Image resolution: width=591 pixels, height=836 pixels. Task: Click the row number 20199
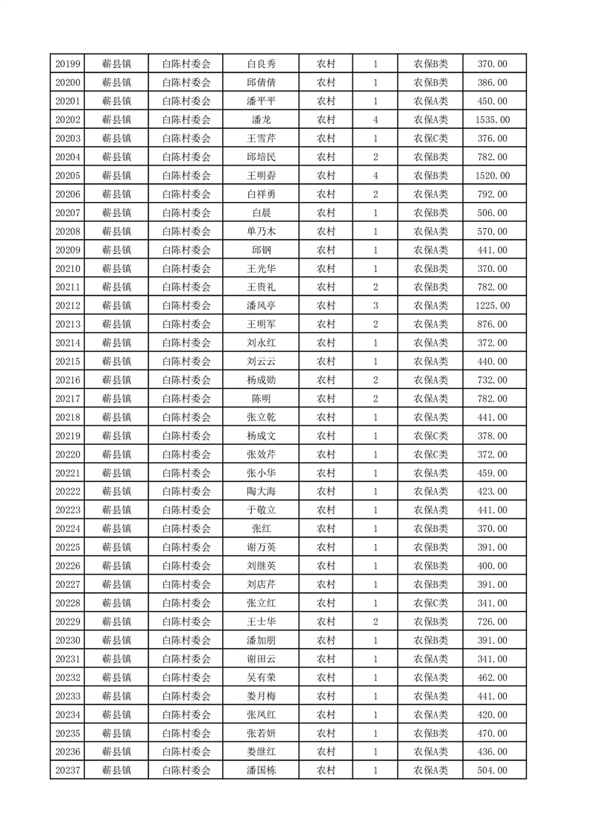pyautogui.click(x=68, y=64)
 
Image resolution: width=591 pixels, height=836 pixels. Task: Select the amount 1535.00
pyautogui.click(x=492, y=120)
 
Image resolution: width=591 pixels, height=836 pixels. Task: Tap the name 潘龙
pyautogui.click(x=261, y=120)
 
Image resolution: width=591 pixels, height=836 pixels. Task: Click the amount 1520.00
pyautogui.click(x=492, y=176)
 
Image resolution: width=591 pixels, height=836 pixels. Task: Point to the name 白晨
pyautogui.click(x=261, y=213)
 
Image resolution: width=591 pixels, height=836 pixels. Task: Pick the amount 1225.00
pyautogui.click(x=492, y=305)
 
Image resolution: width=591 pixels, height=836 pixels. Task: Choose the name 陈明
pyautogui.click(x=261, y=399)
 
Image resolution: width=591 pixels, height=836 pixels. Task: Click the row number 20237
pyautogui.click(x=68, y=770)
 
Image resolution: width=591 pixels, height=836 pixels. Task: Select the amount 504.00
pyautogui.click(x=492, y=770)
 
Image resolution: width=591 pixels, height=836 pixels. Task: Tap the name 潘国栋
pyautogui.click(x=261, y=770)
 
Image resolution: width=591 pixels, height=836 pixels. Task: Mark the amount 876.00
pyautogui.click(x=492, y=324)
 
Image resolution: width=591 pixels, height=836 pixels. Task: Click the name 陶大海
pyautogui.click(x=261, y=492)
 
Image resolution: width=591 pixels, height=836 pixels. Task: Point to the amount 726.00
pyautogui.click(x=492, y=621)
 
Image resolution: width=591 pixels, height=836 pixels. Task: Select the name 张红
pyautogui.click(x=261, y=529)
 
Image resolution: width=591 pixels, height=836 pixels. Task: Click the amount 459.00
pyautogui.click(x=492, y=473)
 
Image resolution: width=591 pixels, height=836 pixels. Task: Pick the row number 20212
pyautogui.click(x=68, y=305)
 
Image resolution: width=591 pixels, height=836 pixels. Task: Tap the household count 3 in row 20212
pyautogui.click(x=375, y=305)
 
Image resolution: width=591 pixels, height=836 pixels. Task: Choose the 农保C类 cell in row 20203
pyautogui.click(x=431, y=139)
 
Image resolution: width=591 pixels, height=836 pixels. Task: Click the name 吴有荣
pyautogui.click(x=261, y=677)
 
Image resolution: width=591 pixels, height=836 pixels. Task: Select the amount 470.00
pyautogui.click(x=492, y=733)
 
